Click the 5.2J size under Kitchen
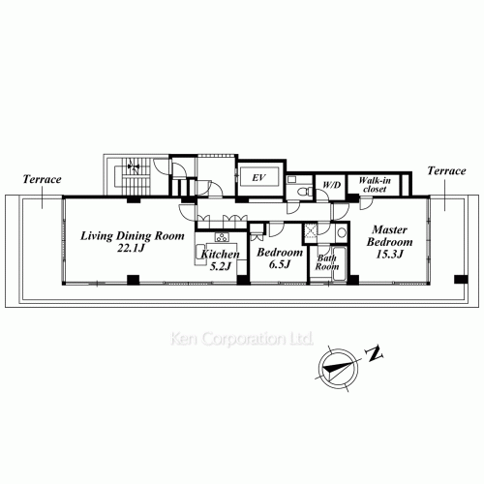(x=219, y=266)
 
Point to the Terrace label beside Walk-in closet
(x=445, y=169)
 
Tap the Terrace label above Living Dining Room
(x=44, y=180)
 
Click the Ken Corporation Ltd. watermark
(x=241, y=340)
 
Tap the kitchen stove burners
(x=221, y=238)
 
